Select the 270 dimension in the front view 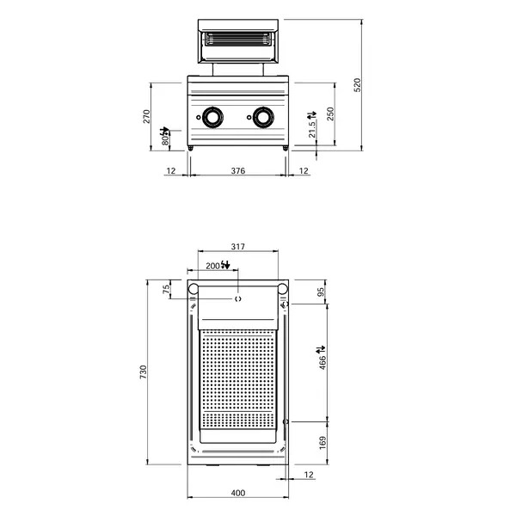point(148,116)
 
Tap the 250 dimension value point(332,114)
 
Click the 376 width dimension point(238,171)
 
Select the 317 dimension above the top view point(238,247)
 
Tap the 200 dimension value point(212,265)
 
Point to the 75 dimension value point(167,289)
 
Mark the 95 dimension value point(322,292)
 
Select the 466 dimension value point(322,362)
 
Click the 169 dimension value point(322,442)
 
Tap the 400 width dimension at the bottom point(238,493)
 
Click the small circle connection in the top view point(238,299)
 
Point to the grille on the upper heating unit point(239,40)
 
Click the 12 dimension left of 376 point(170,171)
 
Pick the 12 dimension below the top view point(309,475)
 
